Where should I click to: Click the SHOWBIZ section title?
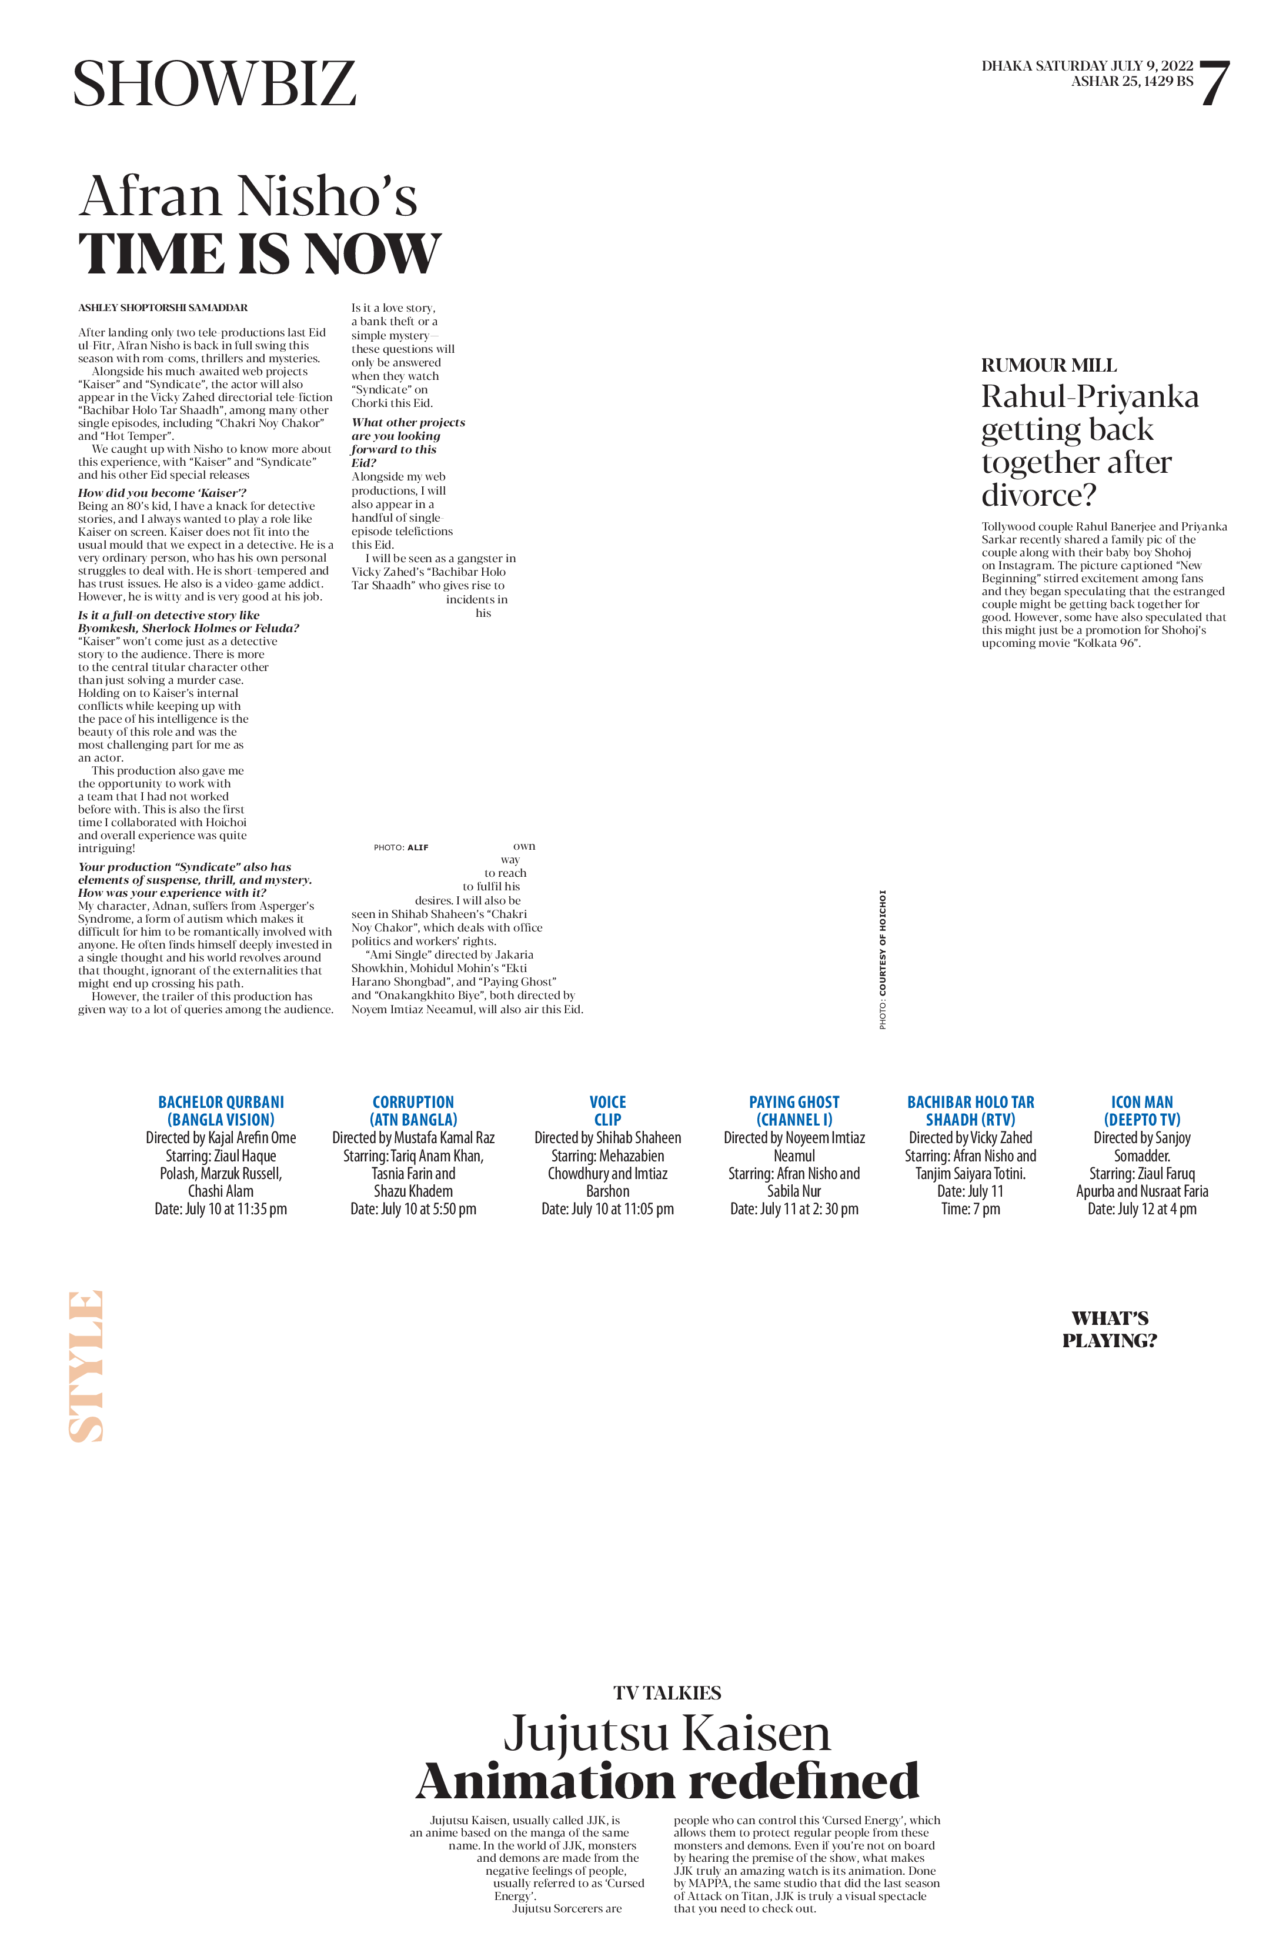coord(214,84)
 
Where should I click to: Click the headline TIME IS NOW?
coord(259,253)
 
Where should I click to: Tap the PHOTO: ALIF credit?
coord(401,847)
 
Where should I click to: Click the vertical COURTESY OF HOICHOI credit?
coord(883,959)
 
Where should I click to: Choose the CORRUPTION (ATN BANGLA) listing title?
coord(413,1111)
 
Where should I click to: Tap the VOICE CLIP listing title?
coord(607,1111)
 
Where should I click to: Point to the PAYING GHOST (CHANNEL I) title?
coord(794,1111)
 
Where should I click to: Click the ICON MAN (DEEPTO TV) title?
coord(1142,1111)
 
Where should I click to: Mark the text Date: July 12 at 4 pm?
coord(1142,1209)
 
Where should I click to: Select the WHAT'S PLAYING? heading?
coord(1110,1329)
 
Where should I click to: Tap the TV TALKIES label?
coord(667,1693)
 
